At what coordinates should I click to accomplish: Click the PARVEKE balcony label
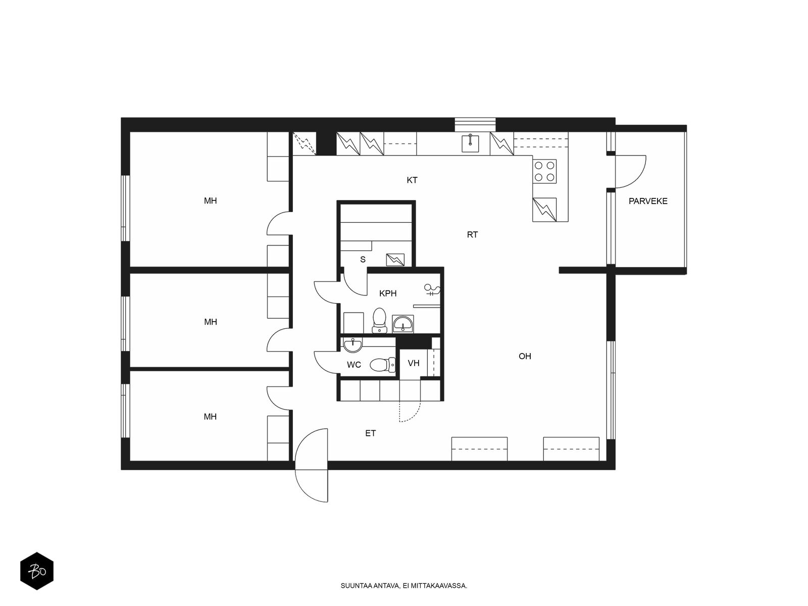[x=648, y=201]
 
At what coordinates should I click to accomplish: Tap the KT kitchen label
[x=412, y=180]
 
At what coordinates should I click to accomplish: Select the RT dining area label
[x=472, y=235]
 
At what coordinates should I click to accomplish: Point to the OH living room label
[x=525, y=356]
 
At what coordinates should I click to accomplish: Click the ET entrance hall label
[x=370, y=433]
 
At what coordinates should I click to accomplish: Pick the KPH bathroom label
[x=388, y=293]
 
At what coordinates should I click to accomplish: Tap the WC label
[x=354, y=365]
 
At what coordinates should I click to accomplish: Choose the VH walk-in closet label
[x=414, y=364]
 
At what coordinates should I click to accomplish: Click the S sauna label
[x=363, y=260]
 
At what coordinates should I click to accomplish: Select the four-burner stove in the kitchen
[x=544, y=172]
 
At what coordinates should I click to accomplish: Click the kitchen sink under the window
[x=470, y=143]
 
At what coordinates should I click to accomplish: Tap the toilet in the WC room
[x=382, y=365]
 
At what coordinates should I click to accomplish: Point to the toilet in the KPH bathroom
[x=379, y=321]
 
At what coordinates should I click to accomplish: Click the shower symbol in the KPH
[x=432, y=290]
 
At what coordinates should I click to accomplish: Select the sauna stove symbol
[x=395, y=260]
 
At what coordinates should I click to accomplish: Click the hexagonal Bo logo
[x=37, y=571]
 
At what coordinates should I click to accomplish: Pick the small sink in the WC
[x=352, y=344]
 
